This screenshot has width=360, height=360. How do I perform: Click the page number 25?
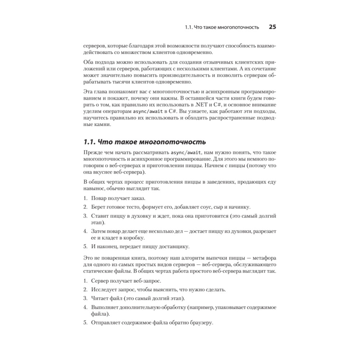pyautogui.click(x=272, y=27)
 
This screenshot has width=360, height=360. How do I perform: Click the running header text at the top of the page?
pyautogui.click(x=222, y=27)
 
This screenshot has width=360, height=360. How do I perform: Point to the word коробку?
pyautogui.click(x=134, y=238)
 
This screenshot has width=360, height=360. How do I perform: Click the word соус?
pyautogui.click(x=204, y=207)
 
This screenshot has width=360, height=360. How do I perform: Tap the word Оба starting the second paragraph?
pyautogui.click(x=88, y=62)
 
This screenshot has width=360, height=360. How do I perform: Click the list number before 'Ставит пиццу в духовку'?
pyautogui.click(x=85, y=216)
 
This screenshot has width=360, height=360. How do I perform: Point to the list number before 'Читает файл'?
pyautogui.click(x=85, y=298)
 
